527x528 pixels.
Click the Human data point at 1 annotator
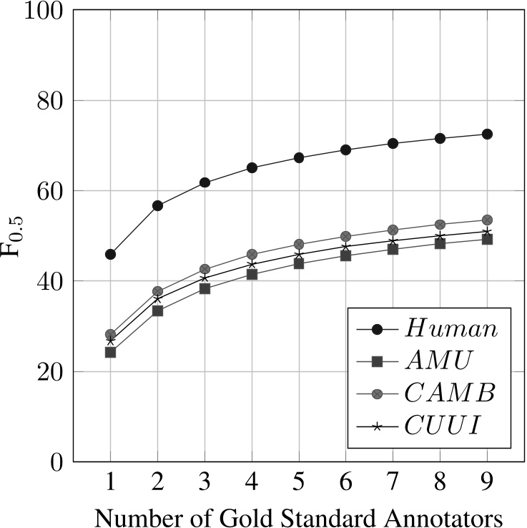(x=110, y=254)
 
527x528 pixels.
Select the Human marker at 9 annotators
(x=487, y=134)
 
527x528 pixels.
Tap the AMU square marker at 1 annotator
(x=110, y=352)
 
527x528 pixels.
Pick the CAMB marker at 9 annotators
(x=487, y=220)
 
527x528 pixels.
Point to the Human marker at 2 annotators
(x=157, y=205)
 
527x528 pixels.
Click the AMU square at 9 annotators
(x=487, y=239)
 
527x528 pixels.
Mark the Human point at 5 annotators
(x=299, y=157)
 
